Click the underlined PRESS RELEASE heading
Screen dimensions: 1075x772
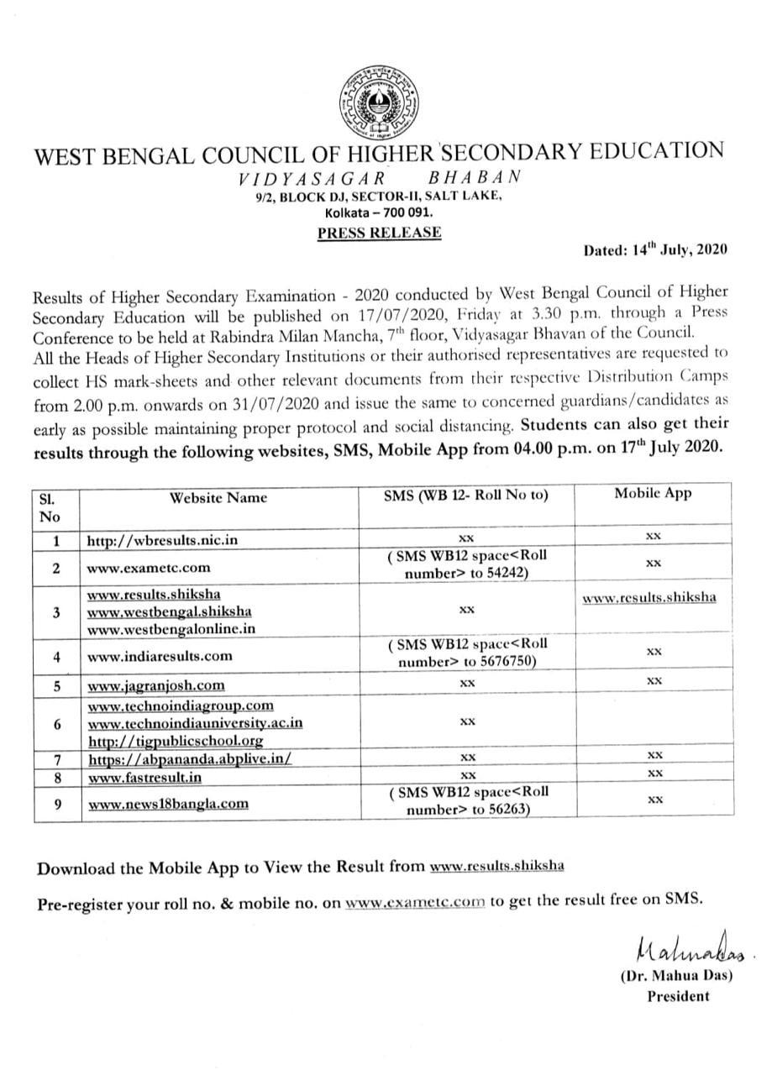click(379, 233)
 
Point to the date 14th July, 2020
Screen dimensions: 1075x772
click(655, 249)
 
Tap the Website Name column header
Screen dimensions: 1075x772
click(218, 497)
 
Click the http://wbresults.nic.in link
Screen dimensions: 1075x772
click(162, 540)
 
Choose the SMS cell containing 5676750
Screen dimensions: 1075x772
click(467, 652)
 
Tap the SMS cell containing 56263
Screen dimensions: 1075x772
click(467, 800)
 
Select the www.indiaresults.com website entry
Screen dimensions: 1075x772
click(160, 655)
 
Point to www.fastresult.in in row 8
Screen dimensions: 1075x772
click(144, 777)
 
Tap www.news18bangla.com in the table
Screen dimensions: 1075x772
click(167, 803)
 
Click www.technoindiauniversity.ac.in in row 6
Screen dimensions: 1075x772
click(195, 722)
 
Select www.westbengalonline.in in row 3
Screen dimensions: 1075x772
click(171, 627)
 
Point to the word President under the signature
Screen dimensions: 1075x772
click(677, 997)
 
